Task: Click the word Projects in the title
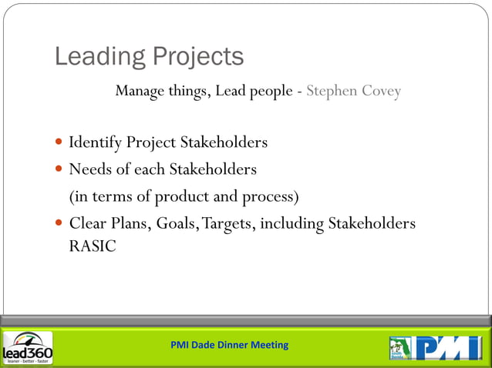point(198,57)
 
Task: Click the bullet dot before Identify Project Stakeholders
point(60,143)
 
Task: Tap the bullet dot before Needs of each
point(60,169)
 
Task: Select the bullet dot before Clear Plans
point(60,224)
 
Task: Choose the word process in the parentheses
point(270,196)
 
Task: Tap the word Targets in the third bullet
point(228,224)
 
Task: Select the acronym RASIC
point(93,247)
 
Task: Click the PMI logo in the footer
point(448,347)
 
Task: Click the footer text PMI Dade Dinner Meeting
point(229,345)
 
